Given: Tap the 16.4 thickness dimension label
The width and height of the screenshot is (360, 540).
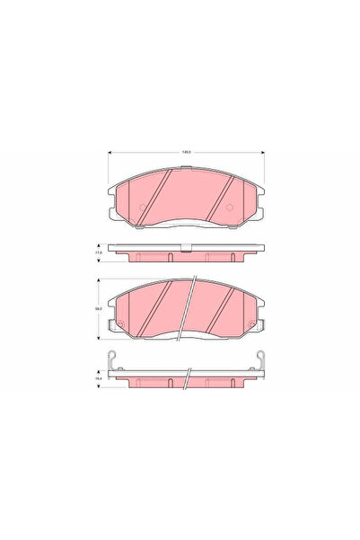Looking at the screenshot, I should click(x=98, y=380).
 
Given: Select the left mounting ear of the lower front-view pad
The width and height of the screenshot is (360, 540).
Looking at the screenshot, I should click(x=110, y=324).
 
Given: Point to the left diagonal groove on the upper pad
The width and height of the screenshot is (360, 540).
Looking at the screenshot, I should click(x=157, y=198).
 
